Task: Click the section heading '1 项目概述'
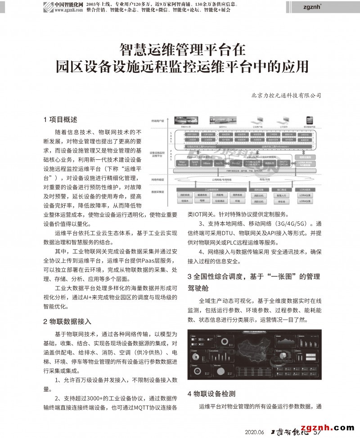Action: click(x=60, y=120)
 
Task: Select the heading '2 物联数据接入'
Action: click(x=67, y=321)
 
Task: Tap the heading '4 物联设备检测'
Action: click(x=211, y=393)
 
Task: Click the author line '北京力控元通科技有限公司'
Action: click(x=287, y=95)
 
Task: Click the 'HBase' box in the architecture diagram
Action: click(x=207, y=163)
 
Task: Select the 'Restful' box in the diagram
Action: click(x=235, y=163)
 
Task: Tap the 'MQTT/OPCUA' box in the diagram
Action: click(x=283, y=163)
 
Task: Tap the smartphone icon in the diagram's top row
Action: click(x=309, y=121)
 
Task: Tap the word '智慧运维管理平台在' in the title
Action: click(x=182, y=49)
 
